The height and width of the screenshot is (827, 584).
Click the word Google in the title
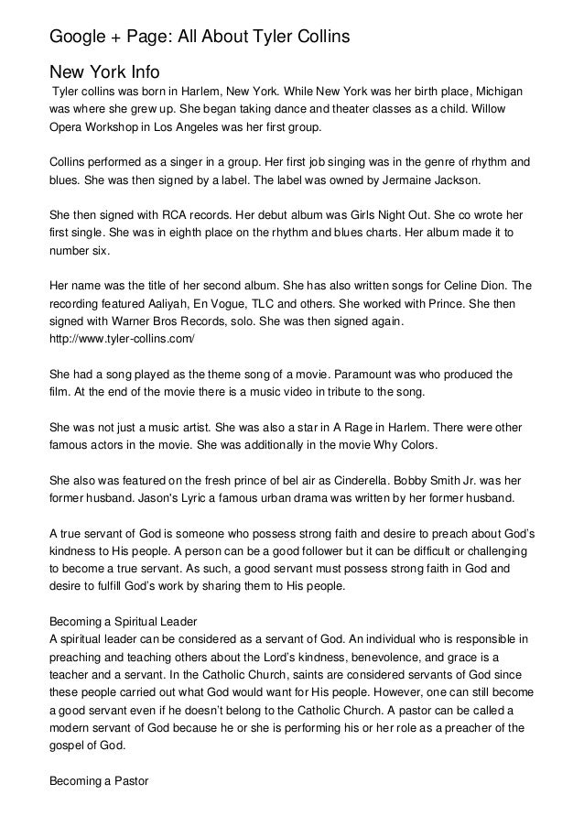pyautogui.click(x=76, y=38)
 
